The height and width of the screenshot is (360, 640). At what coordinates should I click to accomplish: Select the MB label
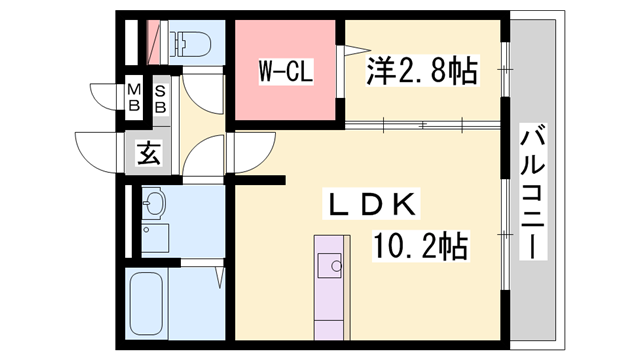133,97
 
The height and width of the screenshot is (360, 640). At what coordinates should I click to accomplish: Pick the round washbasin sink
152,205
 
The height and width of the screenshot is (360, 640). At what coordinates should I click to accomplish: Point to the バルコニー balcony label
532,191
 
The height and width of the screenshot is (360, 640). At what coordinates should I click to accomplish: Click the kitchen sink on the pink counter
329,265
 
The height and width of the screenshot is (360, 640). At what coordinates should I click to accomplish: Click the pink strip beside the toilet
154,43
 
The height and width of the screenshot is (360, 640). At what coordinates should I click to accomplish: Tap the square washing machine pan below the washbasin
154,238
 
